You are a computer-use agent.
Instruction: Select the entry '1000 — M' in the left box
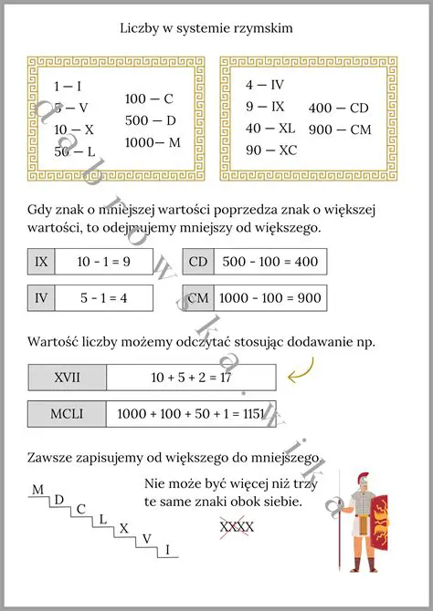click(153, 142)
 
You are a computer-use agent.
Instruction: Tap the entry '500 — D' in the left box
click(150, 120)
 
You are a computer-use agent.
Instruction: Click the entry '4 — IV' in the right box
click(265, 85)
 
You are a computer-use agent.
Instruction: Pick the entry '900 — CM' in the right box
click(340, 129)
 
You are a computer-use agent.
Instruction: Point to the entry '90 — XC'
click(271, 150)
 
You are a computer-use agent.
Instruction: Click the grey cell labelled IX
click(41, 262)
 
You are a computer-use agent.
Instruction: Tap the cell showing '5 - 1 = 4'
click(102, 297)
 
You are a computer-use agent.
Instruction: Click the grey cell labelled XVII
click(68, 377)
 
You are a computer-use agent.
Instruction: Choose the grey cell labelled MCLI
click(68, 413)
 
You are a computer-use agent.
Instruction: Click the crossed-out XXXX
click(237, 526)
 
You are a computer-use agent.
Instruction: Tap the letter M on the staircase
click(37, 490)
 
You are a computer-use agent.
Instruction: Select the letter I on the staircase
click(166, 548)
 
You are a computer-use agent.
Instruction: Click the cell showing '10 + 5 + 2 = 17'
click(190, 377)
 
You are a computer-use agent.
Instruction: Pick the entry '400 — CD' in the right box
click(339, 108)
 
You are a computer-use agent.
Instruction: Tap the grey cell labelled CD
click(198, 262)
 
